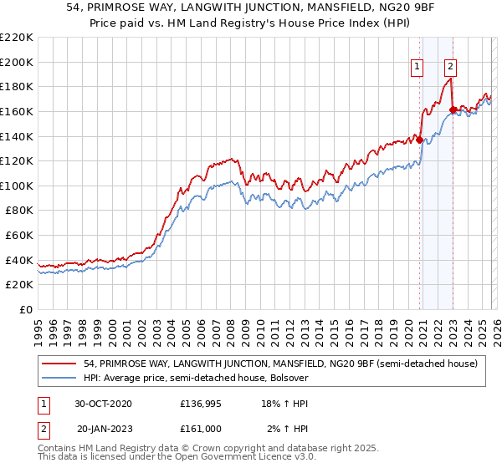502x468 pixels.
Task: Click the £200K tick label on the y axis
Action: click(17, 62)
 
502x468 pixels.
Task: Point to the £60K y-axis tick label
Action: click(19, 236)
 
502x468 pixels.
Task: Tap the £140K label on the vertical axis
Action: click(17, 136)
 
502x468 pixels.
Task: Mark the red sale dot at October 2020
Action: click(419, 140)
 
